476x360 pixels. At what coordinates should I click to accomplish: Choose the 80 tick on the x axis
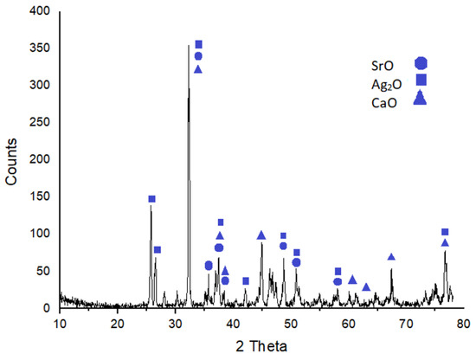(x=464, y=324)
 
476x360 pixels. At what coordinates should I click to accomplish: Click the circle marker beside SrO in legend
(x=421, y=62)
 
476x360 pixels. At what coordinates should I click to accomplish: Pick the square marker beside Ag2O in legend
(x=421, y=80)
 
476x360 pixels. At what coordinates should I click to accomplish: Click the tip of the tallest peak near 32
(x=189, y=46)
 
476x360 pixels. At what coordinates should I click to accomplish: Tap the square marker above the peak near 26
(x=151, y=199)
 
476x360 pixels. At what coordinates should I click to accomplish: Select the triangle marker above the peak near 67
(x=391, y=257)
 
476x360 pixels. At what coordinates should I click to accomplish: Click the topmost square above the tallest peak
(x=198, y=44)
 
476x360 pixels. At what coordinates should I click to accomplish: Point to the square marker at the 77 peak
(x=445, y=232)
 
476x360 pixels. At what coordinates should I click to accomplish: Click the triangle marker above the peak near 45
(x=261, y=235)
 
